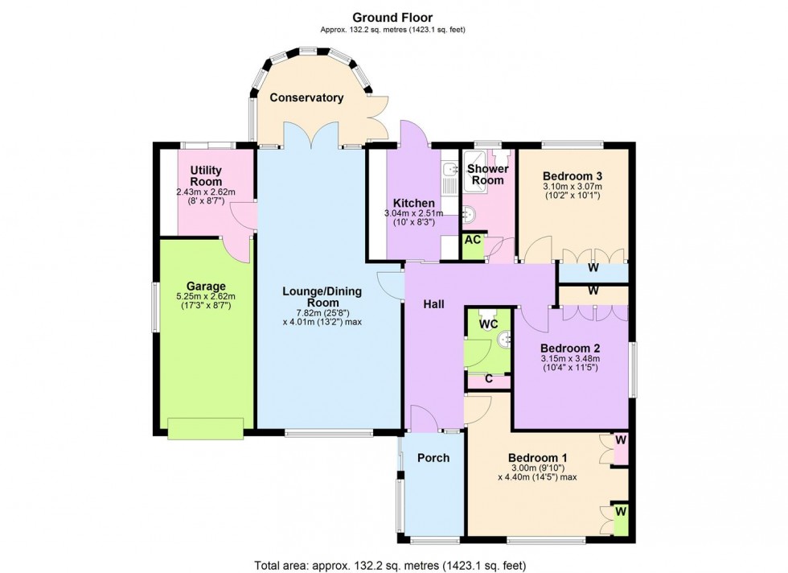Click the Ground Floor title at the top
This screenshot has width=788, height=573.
pos(393,17)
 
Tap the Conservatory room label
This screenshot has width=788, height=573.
pos(306,97)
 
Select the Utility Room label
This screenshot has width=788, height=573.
pos(206,176)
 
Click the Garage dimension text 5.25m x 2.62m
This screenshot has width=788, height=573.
pos(206,297)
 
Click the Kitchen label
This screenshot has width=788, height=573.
pos(414,203)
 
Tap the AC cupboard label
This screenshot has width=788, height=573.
pos(474,241)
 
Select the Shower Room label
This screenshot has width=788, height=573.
pos(488,175)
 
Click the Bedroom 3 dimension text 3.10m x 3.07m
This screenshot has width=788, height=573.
pos(573,188)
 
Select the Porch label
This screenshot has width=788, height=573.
pos(433,458)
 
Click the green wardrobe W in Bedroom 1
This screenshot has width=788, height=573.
pos(620,512)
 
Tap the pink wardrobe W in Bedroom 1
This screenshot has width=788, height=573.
pos(621,441)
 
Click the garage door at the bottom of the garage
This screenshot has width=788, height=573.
pos(205,429)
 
